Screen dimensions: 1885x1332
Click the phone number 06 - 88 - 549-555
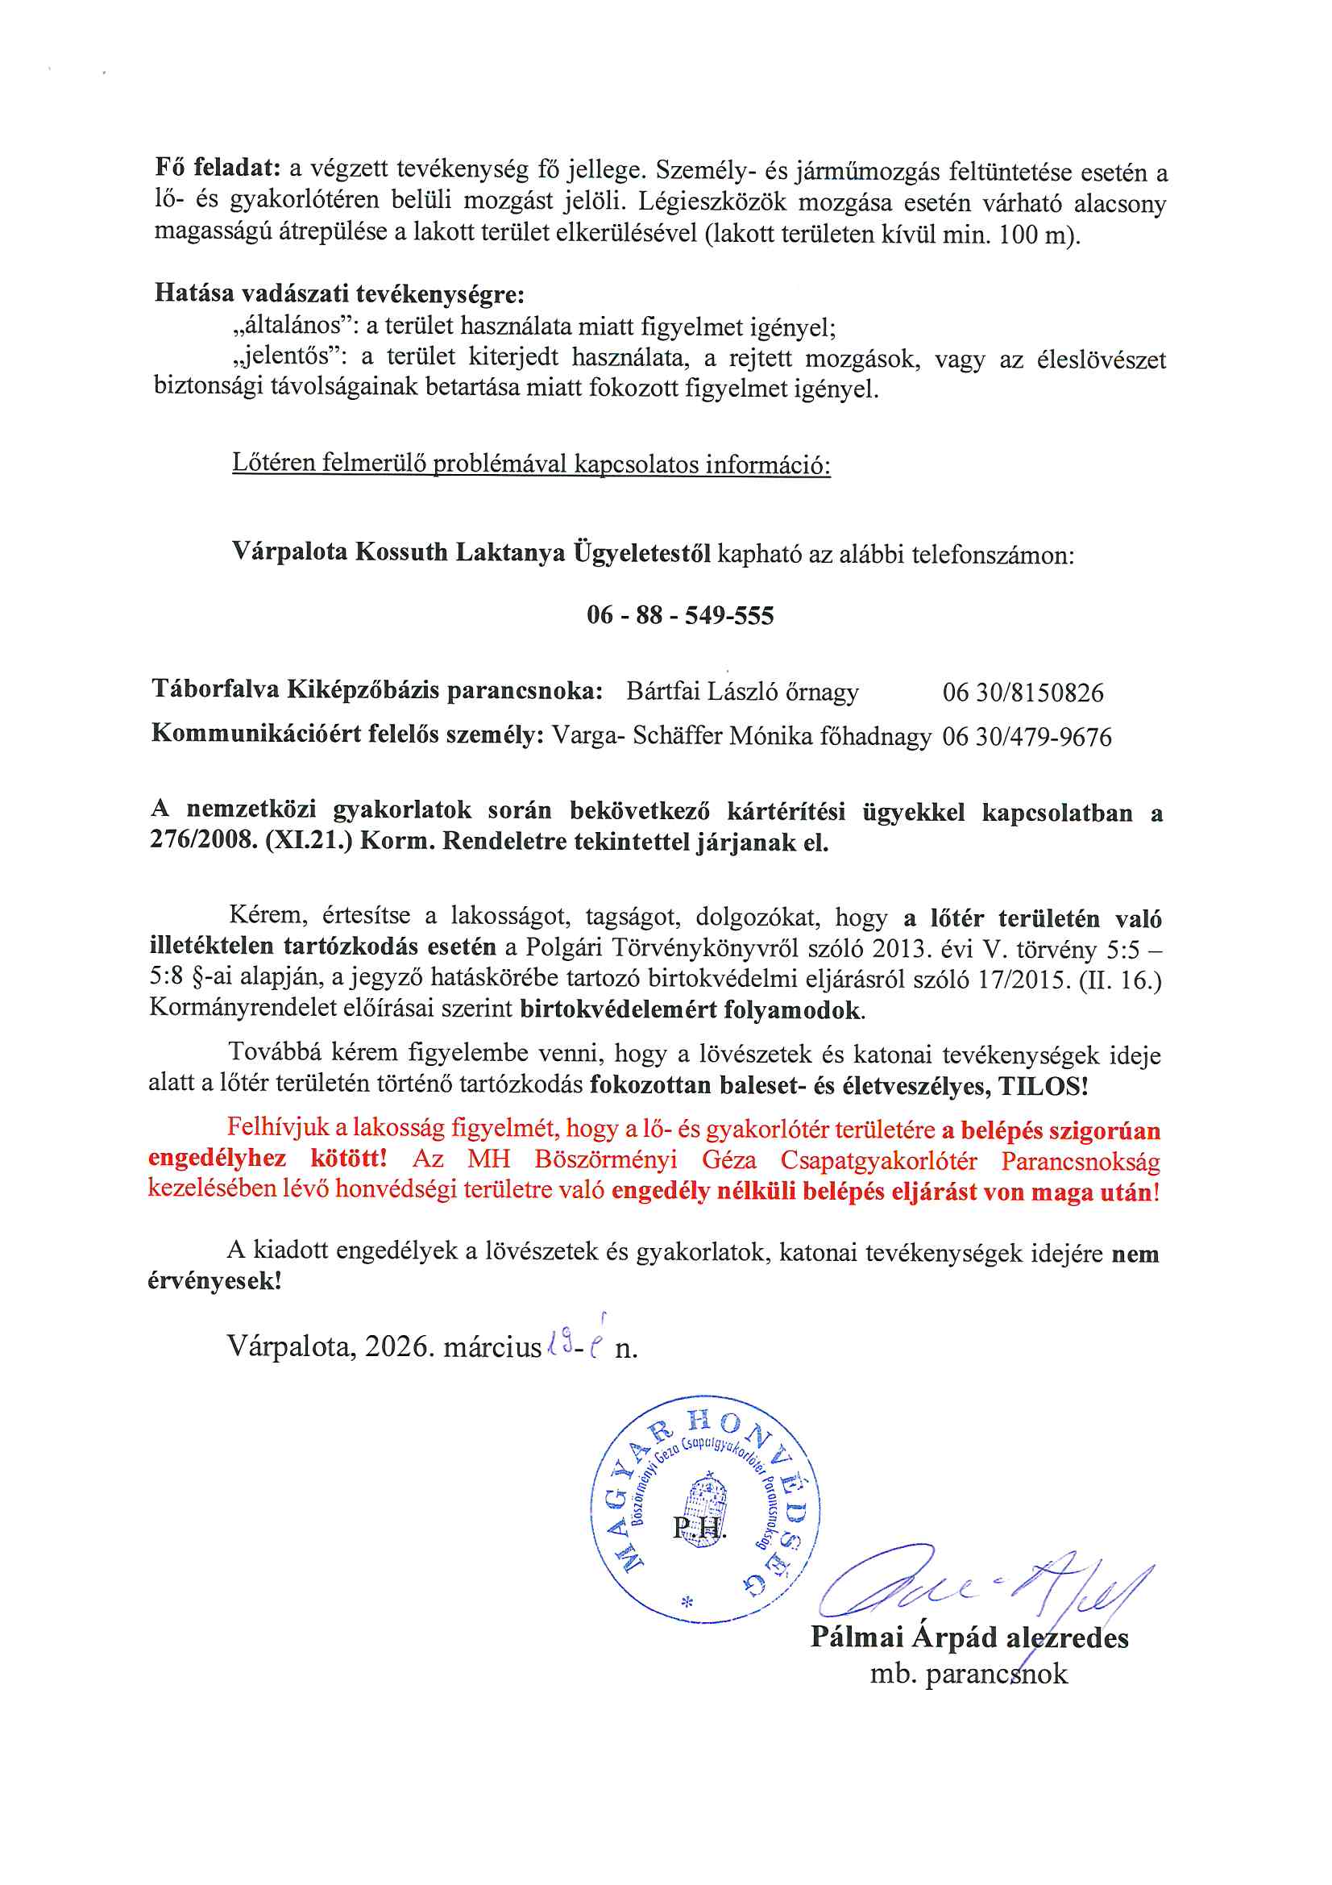point(679,615)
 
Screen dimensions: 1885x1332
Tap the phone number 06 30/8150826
point(1023,692)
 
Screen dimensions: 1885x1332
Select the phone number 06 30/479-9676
point(1026,736)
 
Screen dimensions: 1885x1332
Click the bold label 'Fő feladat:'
point(218,169)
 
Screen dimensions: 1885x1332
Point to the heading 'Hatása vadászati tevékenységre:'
point(339,293)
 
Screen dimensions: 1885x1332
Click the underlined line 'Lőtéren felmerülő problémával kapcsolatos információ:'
point(531,464)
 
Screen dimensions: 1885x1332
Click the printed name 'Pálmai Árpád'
point(903,1637)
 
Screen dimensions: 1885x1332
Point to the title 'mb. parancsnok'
point(969,1673)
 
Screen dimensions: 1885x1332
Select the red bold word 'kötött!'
point(348,1159)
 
